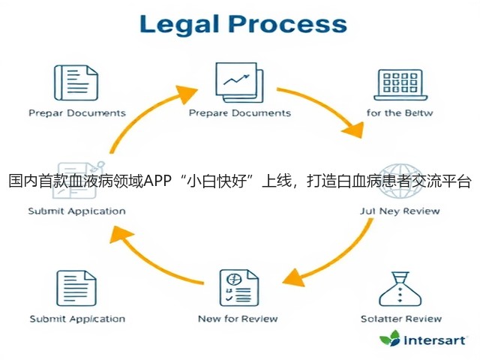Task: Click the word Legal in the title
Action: point(179,25)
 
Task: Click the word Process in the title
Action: point(288,24)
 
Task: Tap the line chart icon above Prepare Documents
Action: point(239,82)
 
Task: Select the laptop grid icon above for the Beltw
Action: point(400,85)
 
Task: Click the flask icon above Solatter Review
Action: point(400,289)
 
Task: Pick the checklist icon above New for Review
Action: point(239,288)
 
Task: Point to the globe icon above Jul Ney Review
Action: point(400,181)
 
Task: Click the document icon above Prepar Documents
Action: point(76,82)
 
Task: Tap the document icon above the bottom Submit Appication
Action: point(76,288)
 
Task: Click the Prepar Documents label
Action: point(77,113)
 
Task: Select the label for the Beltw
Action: point(400,113)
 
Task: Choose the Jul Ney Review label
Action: point(400,211)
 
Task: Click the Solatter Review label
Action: point(401,319)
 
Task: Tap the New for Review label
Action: point(238,319)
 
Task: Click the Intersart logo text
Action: point(435,340)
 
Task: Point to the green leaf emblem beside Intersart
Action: point(390,338)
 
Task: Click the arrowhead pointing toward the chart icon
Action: point(186,93)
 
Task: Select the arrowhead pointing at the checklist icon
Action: point(293,278)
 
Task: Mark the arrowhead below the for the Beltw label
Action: point(354,130)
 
